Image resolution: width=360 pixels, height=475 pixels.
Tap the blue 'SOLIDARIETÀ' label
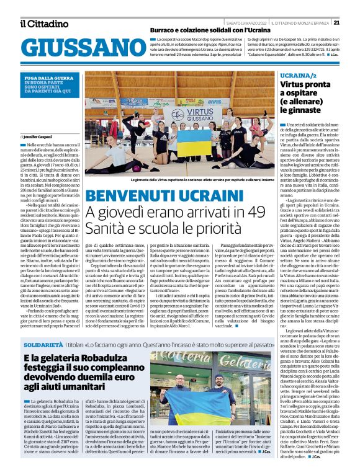coord(45,343)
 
